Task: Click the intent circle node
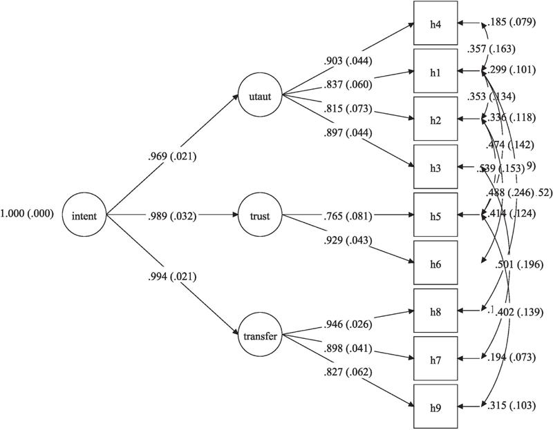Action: click(x=85, y=217)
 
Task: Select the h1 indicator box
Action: click(x=435, y=71)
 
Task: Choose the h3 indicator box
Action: click(x=435, y=167)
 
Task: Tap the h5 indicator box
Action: click(x=435, y=215)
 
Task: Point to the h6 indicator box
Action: click(x=435, y=263)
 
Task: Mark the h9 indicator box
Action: click(x=435, y=406)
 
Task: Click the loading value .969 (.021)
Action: click(x=172, y=157)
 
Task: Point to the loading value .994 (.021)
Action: click(x=172, y=277)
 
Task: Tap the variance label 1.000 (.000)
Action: click(x=29, y=217)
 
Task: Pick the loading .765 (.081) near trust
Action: click(x=347, y=216)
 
